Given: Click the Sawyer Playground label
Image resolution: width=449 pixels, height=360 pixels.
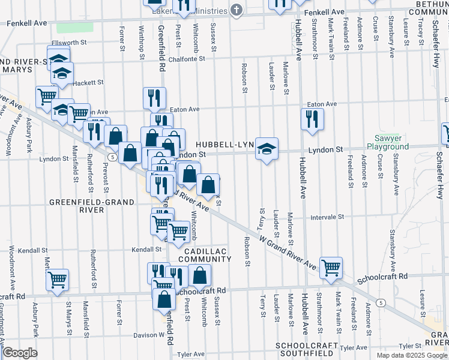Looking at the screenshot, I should [x=388, y=142].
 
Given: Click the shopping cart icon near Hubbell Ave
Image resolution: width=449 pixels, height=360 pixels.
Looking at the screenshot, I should [x=331, y=268].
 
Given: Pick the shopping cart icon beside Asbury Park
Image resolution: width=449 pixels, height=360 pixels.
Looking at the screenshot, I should [x=57, y=280].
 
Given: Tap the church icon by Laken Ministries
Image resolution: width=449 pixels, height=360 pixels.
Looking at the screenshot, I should [x=237, y=10].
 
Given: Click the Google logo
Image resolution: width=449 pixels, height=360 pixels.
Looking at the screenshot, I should [x=20, y=353].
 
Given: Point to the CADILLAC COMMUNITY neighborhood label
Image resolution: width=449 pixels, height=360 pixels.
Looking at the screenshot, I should [x=207, y=254].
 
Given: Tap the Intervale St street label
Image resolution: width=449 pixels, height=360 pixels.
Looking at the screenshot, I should [x=327, y=216].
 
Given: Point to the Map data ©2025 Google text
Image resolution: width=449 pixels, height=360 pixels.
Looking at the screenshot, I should [x=411, y=355].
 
